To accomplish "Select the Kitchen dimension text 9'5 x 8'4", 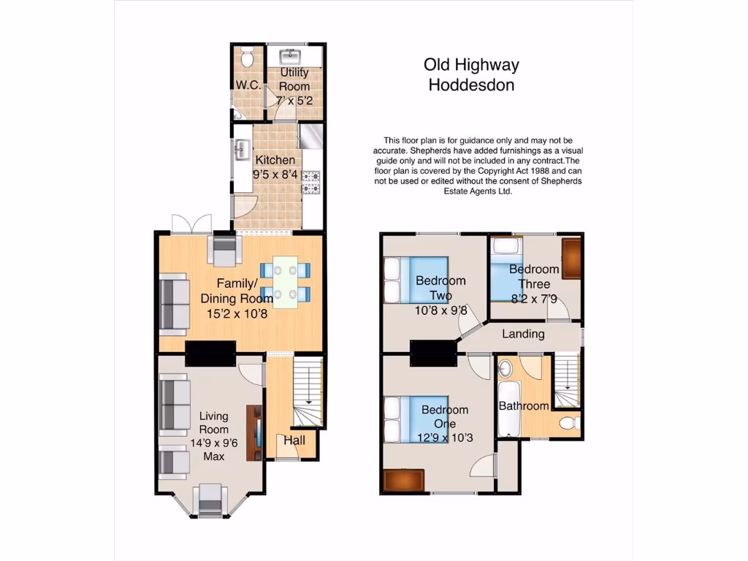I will (x=274, y=175).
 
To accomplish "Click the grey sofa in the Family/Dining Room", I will (x=175, y=302).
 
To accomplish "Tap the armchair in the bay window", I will (x=210, y=500).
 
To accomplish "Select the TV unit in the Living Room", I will (x=254, y=432).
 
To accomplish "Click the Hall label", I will (x=294, y=440).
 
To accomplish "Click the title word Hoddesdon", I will (x=471, y=85).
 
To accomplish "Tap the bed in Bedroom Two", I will (x=416, y=280).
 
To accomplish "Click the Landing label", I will (x=523, y=334).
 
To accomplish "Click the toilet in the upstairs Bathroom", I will (x=568, y=422).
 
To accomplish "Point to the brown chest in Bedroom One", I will (x=402, y=481).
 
